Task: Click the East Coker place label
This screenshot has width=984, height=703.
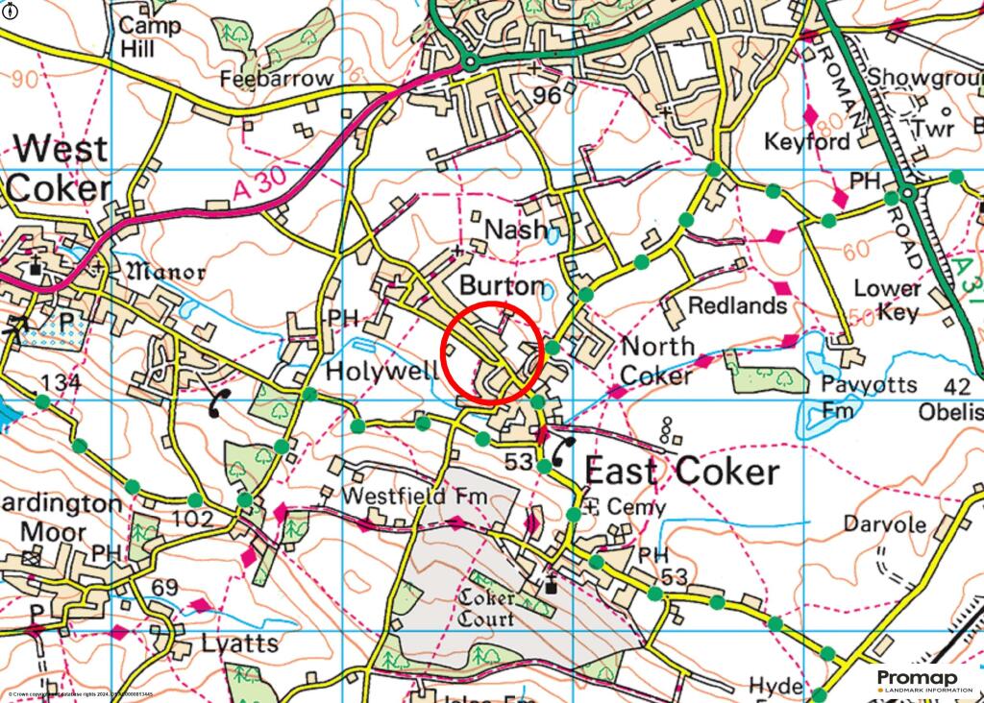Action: [681, 472]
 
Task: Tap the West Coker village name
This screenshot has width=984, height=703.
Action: [59, 168]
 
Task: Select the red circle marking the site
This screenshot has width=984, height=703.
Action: [493, 351]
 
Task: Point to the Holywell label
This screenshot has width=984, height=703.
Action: [381, 371]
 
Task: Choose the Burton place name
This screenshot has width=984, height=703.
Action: [502, 286]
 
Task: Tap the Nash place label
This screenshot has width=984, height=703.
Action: [516, 230]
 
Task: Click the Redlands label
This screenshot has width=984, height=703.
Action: [738, 305]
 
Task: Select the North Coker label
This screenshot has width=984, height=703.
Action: [656, 360]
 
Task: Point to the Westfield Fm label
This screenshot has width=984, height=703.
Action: [408, 497]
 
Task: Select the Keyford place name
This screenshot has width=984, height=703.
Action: [807, 142]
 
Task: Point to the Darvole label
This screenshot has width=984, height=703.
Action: [884, 525]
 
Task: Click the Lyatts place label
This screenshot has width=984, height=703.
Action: [240, 643]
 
